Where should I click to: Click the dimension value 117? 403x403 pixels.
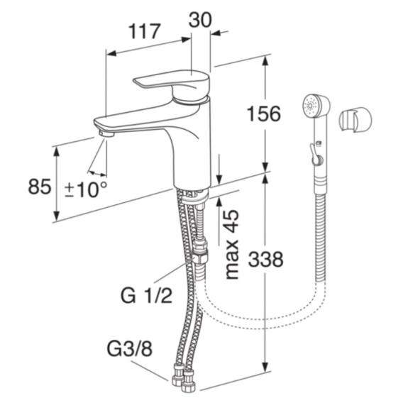click(144, 31)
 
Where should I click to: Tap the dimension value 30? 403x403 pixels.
click(200, 20)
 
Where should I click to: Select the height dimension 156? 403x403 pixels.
click(264, 114)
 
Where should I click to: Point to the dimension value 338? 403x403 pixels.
click(266, 259)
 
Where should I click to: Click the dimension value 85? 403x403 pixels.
click(40, 187)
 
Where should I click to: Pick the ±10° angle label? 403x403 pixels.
click(85, 189)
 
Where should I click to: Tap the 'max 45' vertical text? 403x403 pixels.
click(231, 244)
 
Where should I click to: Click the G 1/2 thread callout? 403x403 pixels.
click(146, 295)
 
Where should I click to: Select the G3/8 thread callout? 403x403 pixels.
click(130, 349)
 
